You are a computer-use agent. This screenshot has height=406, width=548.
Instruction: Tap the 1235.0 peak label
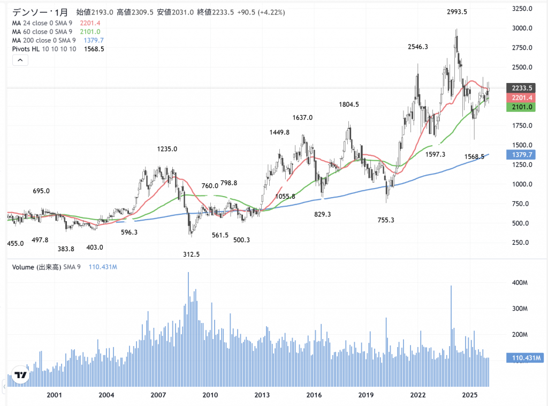coord(166,149)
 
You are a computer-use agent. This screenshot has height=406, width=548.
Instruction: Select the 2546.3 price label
coord(417,47)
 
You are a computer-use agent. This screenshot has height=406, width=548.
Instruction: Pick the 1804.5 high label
coord(348,104)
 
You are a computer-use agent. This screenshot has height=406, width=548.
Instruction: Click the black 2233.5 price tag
coord(521,88)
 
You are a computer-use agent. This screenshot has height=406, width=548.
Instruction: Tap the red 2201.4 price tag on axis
coord(521,97)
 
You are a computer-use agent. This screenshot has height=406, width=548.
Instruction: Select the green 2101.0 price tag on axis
coord(521,107)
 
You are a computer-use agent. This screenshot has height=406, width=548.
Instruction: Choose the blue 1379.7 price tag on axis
coord(521,155)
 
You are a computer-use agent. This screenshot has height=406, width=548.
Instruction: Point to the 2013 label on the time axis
coord(262,395)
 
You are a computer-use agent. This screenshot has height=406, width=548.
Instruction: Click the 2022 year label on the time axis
coord(418,395)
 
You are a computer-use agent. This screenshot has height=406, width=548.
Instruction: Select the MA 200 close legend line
coord(43,40)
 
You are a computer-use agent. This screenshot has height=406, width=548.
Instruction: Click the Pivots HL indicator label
coord(28,49)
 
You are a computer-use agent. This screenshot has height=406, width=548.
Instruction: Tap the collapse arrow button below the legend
coord(20,61)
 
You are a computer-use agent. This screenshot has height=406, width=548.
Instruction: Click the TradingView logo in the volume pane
coord(21,375)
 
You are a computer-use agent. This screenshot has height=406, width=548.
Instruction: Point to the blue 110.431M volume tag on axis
coord(524,358)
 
